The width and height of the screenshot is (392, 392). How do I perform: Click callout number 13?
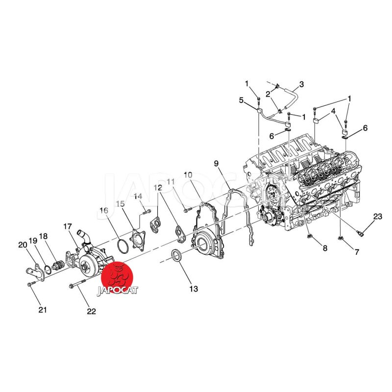[x=194, y=289]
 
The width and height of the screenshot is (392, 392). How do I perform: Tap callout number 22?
[x=91, y=311]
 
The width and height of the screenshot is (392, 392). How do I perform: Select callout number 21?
[x=43, y=310]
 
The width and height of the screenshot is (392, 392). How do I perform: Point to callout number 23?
[x=377, y=216]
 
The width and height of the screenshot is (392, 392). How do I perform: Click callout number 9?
[x=216, y=164]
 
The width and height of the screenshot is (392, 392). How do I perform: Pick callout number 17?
[x=68, y=226]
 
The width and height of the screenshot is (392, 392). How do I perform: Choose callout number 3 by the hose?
[x=301, y=84]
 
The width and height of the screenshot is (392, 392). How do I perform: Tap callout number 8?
[x=325, y=248]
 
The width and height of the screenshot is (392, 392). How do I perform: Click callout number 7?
[x=357, y=252]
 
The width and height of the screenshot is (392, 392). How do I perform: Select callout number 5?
[x=241, y=100]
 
